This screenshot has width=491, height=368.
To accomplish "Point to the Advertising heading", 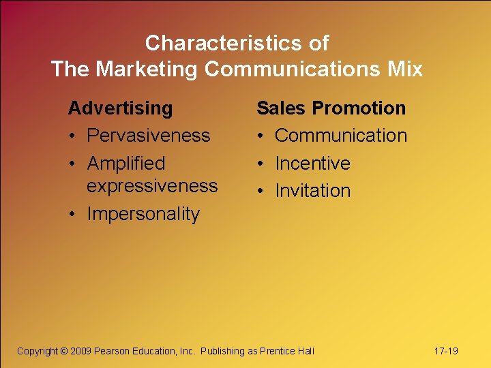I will (x=120, y=108).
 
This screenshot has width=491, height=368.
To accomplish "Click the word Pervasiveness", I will (x=149, y=136).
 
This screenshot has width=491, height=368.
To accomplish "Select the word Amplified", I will (x=126, y=164).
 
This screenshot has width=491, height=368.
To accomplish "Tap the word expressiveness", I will (x=152, y=186).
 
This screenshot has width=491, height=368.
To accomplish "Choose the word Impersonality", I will (x=143, y=214).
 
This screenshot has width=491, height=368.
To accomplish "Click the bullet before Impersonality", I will (x=72, y=214).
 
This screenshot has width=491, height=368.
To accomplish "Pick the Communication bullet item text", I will (x=341, y=136).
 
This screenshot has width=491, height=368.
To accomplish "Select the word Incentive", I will (x=312, y=164).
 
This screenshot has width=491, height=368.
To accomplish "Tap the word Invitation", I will (x=312, y=191).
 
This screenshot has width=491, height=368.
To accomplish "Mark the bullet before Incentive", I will (x=260, y=164).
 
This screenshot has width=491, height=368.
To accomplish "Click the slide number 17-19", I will (x=446, y=351).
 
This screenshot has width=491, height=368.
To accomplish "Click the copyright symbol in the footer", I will (x=63, y=351).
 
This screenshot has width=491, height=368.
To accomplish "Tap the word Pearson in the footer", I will (x=112, y=351).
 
